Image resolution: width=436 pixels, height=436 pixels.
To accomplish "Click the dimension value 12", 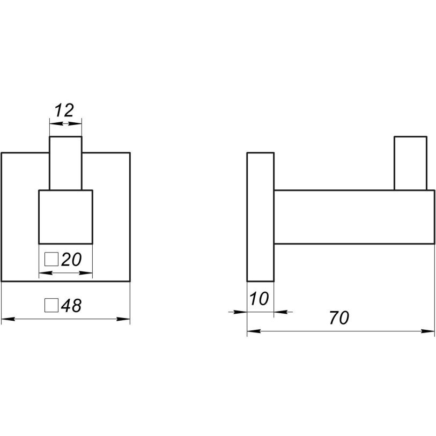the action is pyautogui.click(x=64, y=110).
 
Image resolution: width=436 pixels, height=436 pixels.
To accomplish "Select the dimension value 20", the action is pyautogui.click(x=71, y=260).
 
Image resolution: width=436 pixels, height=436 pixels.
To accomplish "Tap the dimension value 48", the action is pyautogui.click(x=71, y=306).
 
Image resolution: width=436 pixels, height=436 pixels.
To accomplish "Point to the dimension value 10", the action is pyautogui.click(x=259, y=299).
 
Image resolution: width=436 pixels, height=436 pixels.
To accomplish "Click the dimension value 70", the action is pyautogui.click(x=339, y=318).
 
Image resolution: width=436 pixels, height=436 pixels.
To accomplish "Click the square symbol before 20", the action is pyautogui.click(x=51, y=259).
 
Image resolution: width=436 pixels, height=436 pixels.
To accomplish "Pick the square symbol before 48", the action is pyautogui.click(x=51, y=305).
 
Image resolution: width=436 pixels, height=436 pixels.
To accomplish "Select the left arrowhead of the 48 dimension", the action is pyautogui.click(x=8, y=319).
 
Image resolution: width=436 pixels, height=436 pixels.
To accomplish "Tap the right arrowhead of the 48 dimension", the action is pyautogui.click(x=123, y=319).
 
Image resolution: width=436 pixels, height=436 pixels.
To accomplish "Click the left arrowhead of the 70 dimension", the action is pyautogui.click(x=254, y=331).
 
